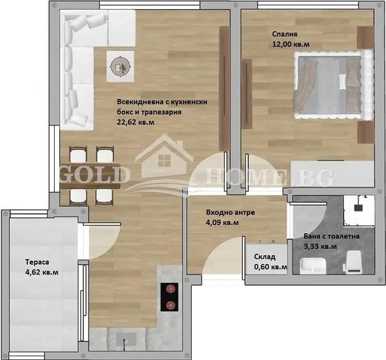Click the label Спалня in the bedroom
coord(285,34)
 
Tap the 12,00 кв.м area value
coord(291,44)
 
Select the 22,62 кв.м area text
coord(136,122)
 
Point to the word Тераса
coord(37,262)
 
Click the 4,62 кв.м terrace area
coord(42,272)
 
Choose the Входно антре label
coord(230,212)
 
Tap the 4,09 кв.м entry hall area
coord(223,223)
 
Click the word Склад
coord(265,256)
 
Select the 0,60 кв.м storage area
coord(271,267)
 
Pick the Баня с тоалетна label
coord(331,236)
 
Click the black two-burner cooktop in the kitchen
coord(169,297)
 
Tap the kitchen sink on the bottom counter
coord(127,339)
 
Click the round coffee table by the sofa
coord(121,67)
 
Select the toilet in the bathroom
coord(354,262)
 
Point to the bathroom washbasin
coord(313,265)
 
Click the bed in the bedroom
coord(334,85)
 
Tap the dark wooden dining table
coord(91,176)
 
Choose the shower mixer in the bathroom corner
coord(359,205)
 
